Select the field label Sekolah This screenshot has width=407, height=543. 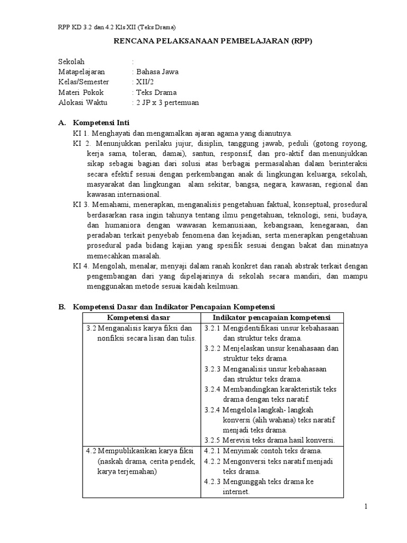click(72, 62)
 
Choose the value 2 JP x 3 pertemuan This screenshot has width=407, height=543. click(167, 102)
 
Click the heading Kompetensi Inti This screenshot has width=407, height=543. click(101, 123)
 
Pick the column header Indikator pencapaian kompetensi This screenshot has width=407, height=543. click(271, 318)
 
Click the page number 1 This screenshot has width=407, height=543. click(366, 507)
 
